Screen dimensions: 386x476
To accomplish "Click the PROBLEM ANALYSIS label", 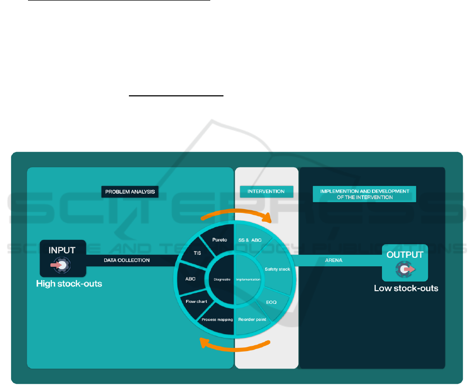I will click(x=130, y=191).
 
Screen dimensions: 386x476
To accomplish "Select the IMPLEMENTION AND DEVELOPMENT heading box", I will click(x=364, y=194).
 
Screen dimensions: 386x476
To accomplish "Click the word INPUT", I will click(x=62, y=250).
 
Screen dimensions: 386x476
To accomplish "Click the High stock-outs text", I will click(x=69, y=284).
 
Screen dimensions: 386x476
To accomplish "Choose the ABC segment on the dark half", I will click(x=190, y=279).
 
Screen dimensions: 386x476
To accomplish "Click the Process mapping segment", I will click(x=216, y=320).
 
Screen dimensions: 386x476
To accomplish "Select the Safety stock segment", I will click(x=277, y=269).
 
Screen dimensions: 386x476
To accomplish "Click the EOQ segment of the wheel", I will click(x=270, y=302).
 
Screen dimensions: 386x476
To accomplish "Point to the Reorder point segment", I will click(x=251, y=319).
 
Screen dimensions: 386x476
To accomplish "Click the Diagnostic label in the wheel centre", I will click(x=222, y=279).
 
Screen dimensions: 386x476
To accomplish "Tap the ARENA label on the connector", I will click(x=333, y=260).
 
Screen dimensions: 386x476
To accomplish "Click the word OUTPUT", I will click(x=405, y=255).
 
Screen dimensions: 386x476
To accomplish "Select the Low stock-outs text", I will click(x=406, y=289).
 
